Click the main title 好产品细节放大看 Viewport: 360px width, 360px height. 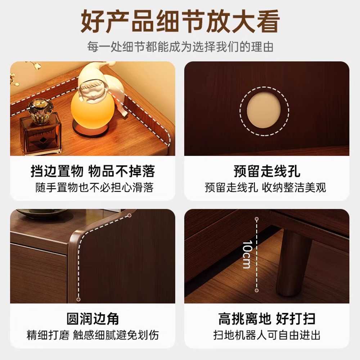[x=180, y=21]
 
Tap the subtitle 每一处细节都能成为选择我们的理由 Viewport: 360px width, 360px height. [x=180, y=46]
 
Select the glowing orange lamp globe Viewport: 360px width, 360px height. [x=93, y=108]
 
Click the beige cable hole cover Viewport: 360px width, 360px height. [x=264, y=111]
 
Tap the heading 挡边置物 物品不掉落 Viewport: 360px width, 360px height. [x=93, y=171]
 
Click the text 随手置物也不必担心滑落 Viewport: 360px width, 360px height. [x=94, y=187]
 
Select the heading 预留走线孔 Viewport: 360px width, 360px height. [x=267, y=171]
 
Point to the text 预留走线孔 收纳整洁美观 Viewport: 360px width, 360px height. [x=265, y=187]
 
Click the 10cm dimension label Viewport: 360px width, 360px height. [x=247, y=255]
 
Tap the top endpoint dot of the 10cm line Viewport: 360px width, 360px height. [x=257, y=219]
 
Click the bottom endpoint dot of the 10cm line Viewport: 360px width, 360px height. [x=257, y=291]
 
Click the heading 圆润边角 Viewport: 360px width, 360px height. [x=93, y=319]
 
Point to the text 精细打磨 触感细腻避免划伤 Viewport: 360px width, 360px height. [x=93, y=335]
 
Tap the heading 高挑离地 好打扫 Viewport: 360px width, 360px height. [x=267, y=319]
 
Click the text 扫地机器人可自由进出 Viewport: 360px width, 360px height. [x=267, y=335]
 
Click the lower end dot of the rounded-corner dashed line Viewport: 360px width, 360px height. [x=78, y=300]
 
